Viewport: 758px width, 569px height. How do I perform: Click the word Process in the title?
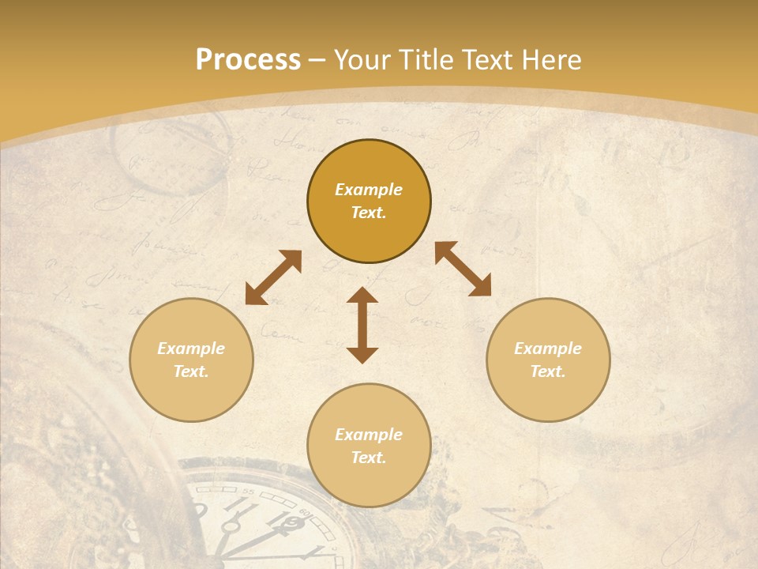click(248, 60)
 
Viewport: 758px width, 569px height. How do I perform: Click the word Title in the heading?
click(424, 60)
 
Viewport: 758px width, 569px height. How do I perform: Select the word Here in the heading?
click(550, 60)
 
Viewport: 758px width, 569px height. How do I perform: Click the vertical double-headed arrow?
click(362, 326)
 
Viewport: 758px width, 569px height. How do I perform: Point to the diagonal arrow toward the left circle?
click(273, 277)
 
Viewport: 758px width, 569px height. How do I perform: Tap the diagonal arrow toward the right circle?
click(463, 269)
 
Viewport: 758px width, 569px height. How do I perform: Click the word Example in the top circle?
click(369, 190)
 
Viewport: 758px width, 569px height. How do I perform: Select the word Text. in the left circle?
click(191, 371)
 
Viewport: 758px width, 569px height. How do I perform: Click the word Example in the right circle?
click(548, 349)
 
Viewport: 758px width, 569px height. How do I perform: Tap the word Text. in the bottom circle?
click(369, 458)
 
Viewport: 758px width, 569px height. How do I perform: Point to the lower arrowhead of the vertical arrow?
click(362, 355)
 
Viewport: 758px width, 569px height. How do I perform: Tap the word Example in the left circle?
click(191, 349)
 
